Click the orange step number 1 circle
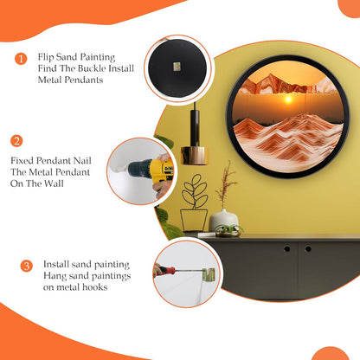point(21,59)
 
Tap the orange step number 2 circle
point(16,141)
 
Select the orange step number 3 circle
point(27,266)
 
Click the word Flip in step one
point(45,57)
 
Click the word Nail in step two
point(82,160)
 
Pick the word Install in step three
point(56,264)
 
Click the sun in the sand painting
point(288,100)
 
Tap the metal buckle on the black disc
point(177,67)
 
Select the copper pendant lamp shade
point(195,156)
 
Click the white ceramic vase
point(223,221)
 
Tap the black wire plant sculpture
point(194,202)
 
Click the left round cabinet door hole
point(286,248)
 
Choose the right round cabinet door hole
point(308,248)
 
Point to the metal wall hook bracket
point(209,274)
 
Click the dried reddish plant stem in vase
point(226,184)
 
